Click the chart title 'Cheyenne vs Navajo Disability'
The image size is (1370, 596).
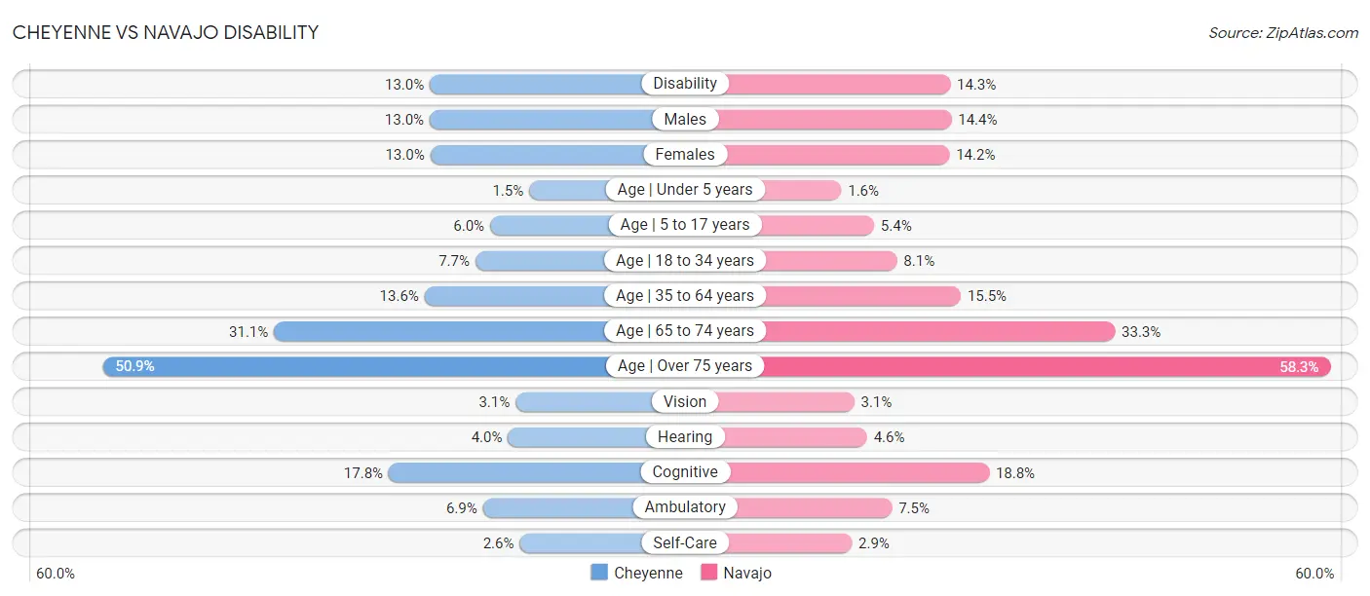tap(165, 32)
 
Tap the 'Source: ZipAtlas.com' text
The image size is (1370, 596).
tap(1283, 33)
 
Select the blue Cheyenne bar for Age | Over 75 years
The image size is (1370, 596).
tap(355, 366)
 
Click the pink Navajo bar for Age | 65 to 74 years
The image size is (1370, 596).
tap(938, 331)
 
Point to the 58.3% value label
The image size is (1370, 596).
tap(1299, 367)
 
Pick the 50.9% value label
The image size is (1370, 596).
tap(135, 366)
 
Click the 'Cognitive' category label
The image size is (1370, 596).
tap(685, 472)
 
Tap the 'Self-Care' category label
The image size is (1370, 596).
tap(685, 542)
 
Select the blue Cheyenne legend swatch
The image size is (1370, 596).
tap(599, 573)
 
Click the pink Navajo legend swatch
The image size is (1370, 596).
tap(708, 573)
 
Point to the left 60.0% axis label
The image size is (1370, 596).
tap(56, 574)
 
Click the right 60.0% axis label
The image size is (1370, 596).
tap(1314, 574)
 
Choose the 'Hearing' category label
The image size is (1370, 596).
tap(685, 436)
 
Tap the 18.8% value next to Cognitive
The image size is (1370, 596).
tap(1015, 473)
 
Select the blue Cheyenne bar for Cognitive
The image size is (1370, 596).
tap(515, 472)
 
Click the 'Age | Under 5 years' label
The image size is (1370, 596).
tap(685, 190)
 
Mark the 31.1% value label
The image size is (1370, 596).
tap(248, 332)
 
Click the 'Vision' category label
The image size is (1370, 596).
tap(685, 401)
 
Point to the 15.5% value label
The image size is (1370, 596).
tap(986, 296)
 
